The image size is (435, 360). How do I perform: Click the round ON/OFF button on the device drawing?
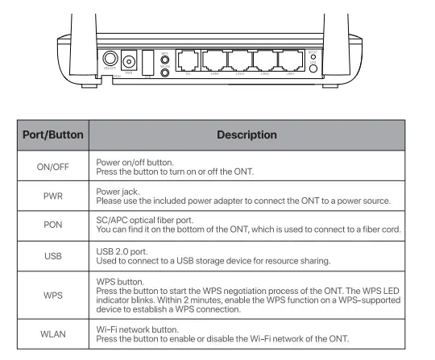[109, 58]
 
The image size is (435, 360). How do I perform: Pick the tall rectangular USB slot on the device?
[147, 60]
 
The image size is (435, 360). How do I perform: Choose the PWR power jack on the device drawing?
[128, 60]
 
